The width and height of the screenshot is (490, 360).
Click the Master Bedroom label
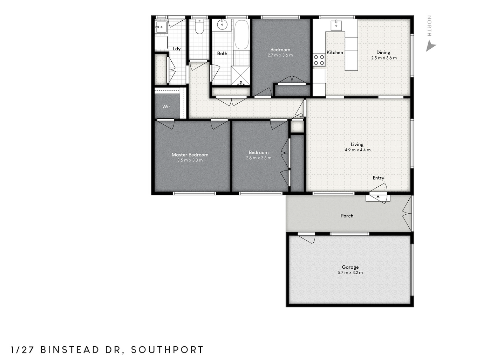[190, 155]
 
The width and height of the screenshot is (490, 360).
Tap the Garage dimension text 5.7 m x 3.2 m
[350, 272]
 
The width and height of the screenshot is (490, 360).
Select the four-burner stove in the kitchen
[319, 60]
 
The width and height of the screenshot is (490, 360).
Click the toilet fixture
[199, 27]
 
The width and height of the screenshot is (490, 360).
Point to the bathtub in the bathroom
[242, 35]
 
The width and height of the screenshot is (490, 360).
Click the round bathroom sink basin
[222, 25]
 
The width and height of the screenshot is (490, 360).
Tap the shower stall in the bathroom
[240, 75]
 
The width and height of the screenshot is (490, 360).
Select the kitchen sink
[336, 25]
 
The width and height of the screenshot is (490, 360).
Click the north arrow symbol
[430, 46]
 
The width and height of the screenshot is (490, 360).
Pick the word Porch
[347, 216]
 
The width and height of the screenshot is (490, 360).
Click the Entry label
[379, 178]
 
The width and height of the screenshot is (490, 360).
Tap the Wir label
[166, 107]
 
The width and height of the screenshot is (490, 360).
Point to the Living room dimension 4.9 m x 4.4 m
[358, 150]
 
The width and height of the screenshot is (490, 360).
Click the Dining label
[383, 53]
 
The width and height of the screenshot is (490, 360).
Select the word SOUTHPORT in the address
[167, 350]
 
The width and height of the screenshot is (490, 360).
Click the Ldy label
[177, 49]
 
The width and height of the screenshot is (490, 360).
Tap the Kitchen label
[335, 53]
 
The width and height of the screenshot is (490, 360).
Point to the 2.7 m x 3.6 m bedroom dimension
[280, 55]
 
